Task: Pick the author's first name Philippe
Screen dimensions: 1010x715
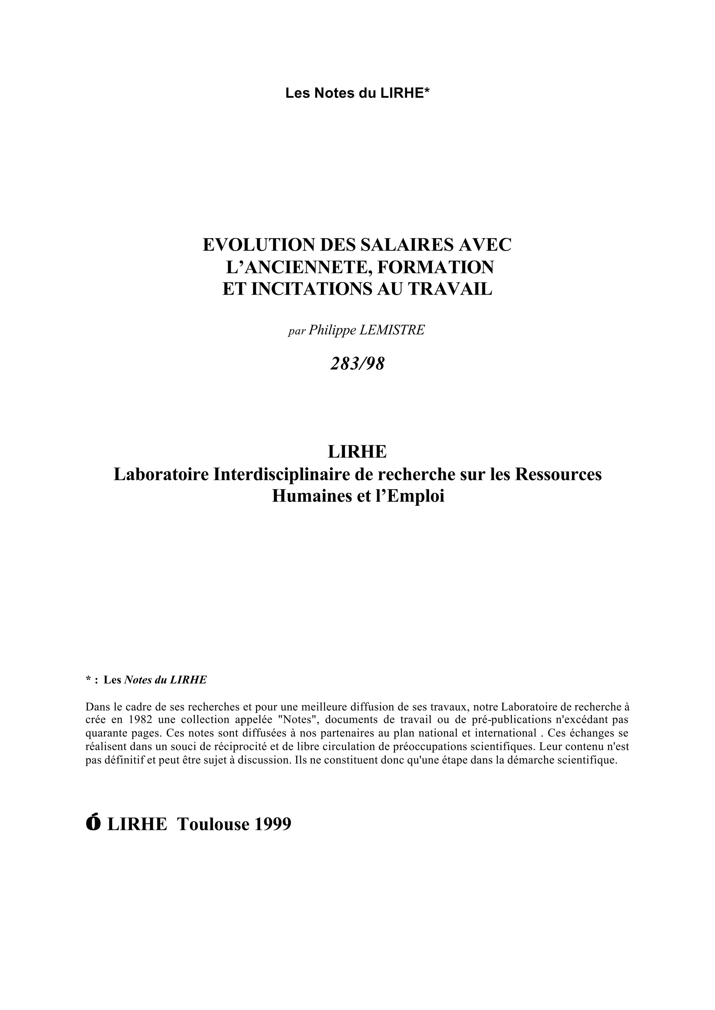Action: [332, 330]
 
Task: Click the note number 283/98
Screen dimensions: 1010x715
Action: [357, 364]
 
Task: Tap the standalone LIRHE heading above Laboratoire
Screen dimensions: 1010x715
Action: [357, 451]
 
